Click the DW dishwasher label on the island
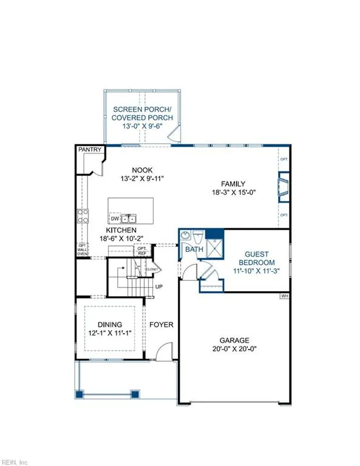(x=115, y=218)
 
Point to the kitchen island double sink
(x=129, y=218)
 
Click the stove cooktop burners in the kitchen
(x=83, y=216)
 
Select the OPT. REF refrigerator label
(x=142, y=251)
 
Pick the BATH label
(x=194, y=249)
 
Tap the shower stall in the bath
(x=215, y=248)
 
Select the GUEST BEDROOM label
(x=259, y=259)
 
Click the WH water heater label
(x=284, y=296)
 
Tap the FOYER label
(x=161, y=325)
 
